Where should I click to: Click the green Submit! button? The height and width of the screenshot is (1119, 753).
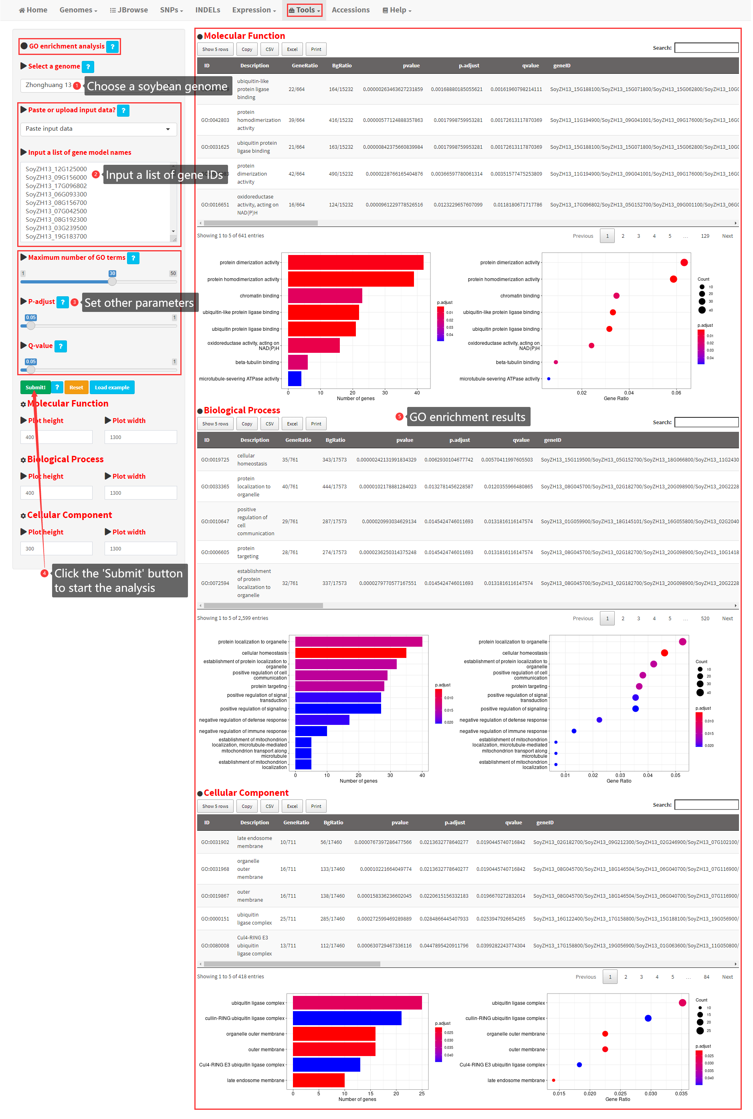(35, 387)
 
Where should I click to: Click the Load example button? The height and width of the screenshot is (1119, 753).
(112, 387)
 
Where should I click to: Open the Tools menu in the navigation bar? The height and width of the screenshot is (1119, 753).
(305, 10)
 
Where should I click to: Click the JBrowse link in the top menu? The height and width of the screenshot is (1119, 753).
(129, 10)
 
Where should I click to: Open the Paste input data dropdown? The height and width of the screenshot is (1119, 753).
(99, 129)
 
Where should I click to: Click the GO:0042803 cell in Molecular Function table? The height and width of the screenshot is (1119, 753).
(215, 120)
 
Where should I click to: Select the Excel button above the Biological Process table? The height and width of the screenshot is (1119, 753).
(292, 424)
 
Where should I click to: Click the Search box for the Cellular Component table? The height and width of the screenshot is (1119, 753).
(706, 805)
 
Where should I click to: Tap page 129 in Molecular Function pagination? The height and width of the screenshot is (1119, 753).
(705, 236)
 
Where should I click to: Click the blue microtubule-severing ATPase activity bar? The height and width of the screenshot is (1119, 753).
(295, 378)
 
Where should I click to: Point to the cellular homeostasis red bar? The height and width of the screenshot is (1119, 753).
(351, 653)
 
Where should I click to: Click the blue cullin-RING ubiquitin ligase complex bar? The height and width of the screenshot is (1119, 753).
(347, 1018)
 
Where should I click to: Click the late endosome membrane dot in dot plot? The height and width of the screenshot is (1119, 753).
(554, 1080)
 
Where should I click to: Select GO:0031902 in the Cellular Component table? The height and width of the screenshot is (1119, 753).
(215, 842)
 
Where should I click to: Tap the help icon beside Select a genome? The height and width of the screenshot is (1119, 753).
(88, 67)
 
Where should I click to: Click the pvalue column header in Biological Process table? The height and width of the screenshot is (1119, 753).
(404, 440)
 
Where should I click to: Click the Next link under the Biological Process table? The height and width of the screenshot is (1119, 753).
(727, 618)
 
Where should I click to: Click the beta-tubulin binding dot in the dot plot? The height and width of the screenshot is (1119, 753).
(555, 362)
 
